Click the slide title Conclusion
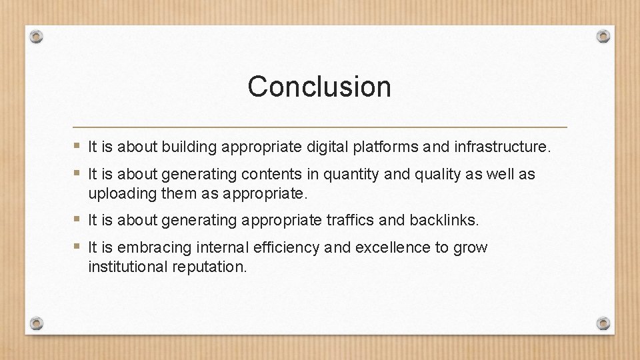click(319, 87)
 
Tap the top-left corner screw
click(37, 37)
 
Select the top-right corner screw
click(603, 36)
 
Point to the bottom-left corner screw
click(37, 323)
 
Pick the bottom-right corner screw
click(603, 323)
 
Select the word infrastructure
click(502, 147)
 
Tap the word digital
click(330, 147)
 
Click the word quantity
click(351, 175)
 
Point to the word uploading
click(118, 194)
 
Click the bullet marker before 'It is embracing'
click(78, 247)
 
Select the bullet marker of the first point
click(78, 146)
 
